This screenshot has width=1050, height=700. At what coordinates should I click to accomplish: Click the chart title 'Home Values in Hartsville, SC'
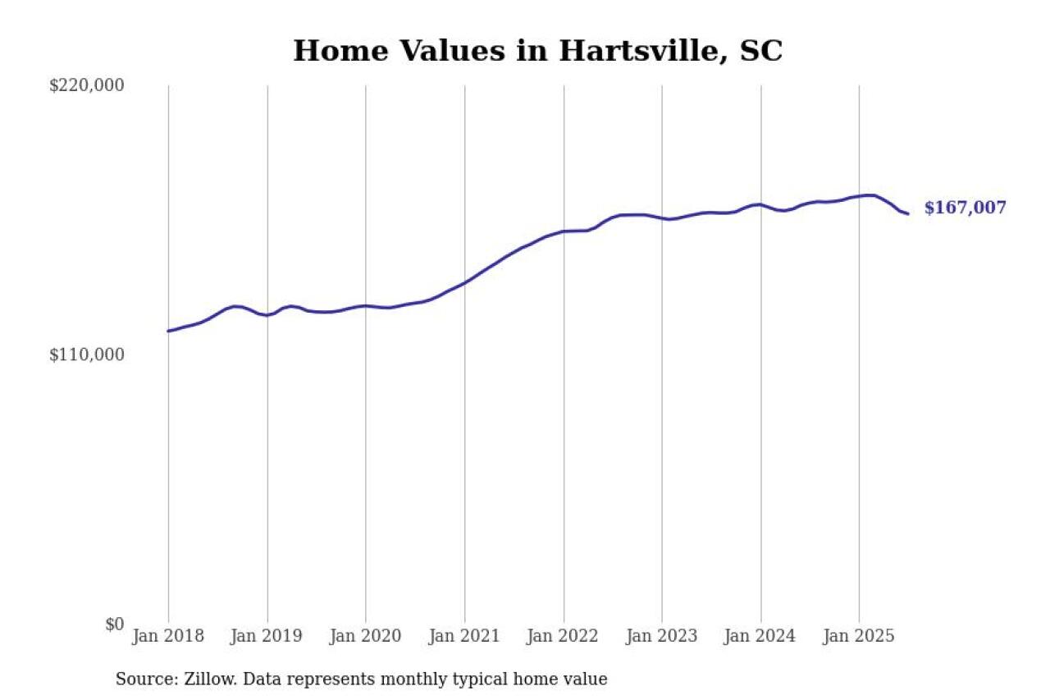pyautogui.click(x=537, y=51)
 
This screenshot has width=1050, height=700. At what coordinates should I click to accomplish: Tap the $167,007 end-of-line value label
pyautogui.click(x=965, y=208)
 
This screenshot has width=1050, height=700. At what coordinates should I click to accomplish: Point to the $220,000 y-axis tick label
pyautogui.click(x=87, y=85)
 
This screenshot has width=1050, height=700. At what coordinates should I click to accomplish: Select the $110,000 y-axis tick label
pyautogui.click(x=87, y=355)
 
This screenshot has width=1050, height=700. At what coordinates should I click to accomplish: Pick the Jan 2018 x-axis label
pyautogui.click(x=168, y=637)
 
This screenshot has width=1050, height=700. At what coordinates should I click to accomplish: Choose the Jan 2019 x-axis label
pyautogui.click(x=267, y=637)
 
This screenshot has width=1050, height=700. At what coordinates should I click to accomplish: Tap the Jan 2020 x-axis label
pyautogui.click(x=366, y=637)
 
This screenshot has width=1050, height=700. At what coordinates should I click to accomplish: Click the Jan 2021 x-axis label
pyautogui.click(x=464, y=637)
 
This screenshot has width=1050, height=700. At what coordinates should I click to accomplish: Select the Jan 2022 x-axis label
pyautogui.click(x=564, y=637)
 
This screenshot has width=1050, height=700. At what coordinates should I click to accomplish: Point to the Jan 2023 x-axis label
pyautogui.click(x=662, y=637)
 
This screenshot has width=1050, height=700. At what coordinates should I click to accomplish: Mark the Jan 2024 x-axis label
pyautogui.click(x=760, y=637)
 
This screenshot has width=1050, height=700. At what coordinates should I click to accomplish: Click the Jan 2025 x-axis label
pyautogui.click(x=860, y=637)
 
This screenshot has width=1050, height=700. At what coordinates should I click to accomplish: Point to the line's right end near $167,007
pyautogui.click(x=907, y=213)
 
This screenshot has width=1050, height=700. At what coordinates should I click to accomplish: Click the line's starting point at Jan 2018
pyautogui.click(x=168, y=331)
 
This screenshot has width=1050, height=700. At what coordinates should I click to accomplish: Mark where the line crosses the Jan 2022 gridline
pyautogui.click(x=564, y=231)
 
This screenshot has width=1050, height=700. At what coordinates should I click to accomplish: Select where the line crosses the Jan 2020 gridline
pyautogui.click(x=366, y=305)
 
